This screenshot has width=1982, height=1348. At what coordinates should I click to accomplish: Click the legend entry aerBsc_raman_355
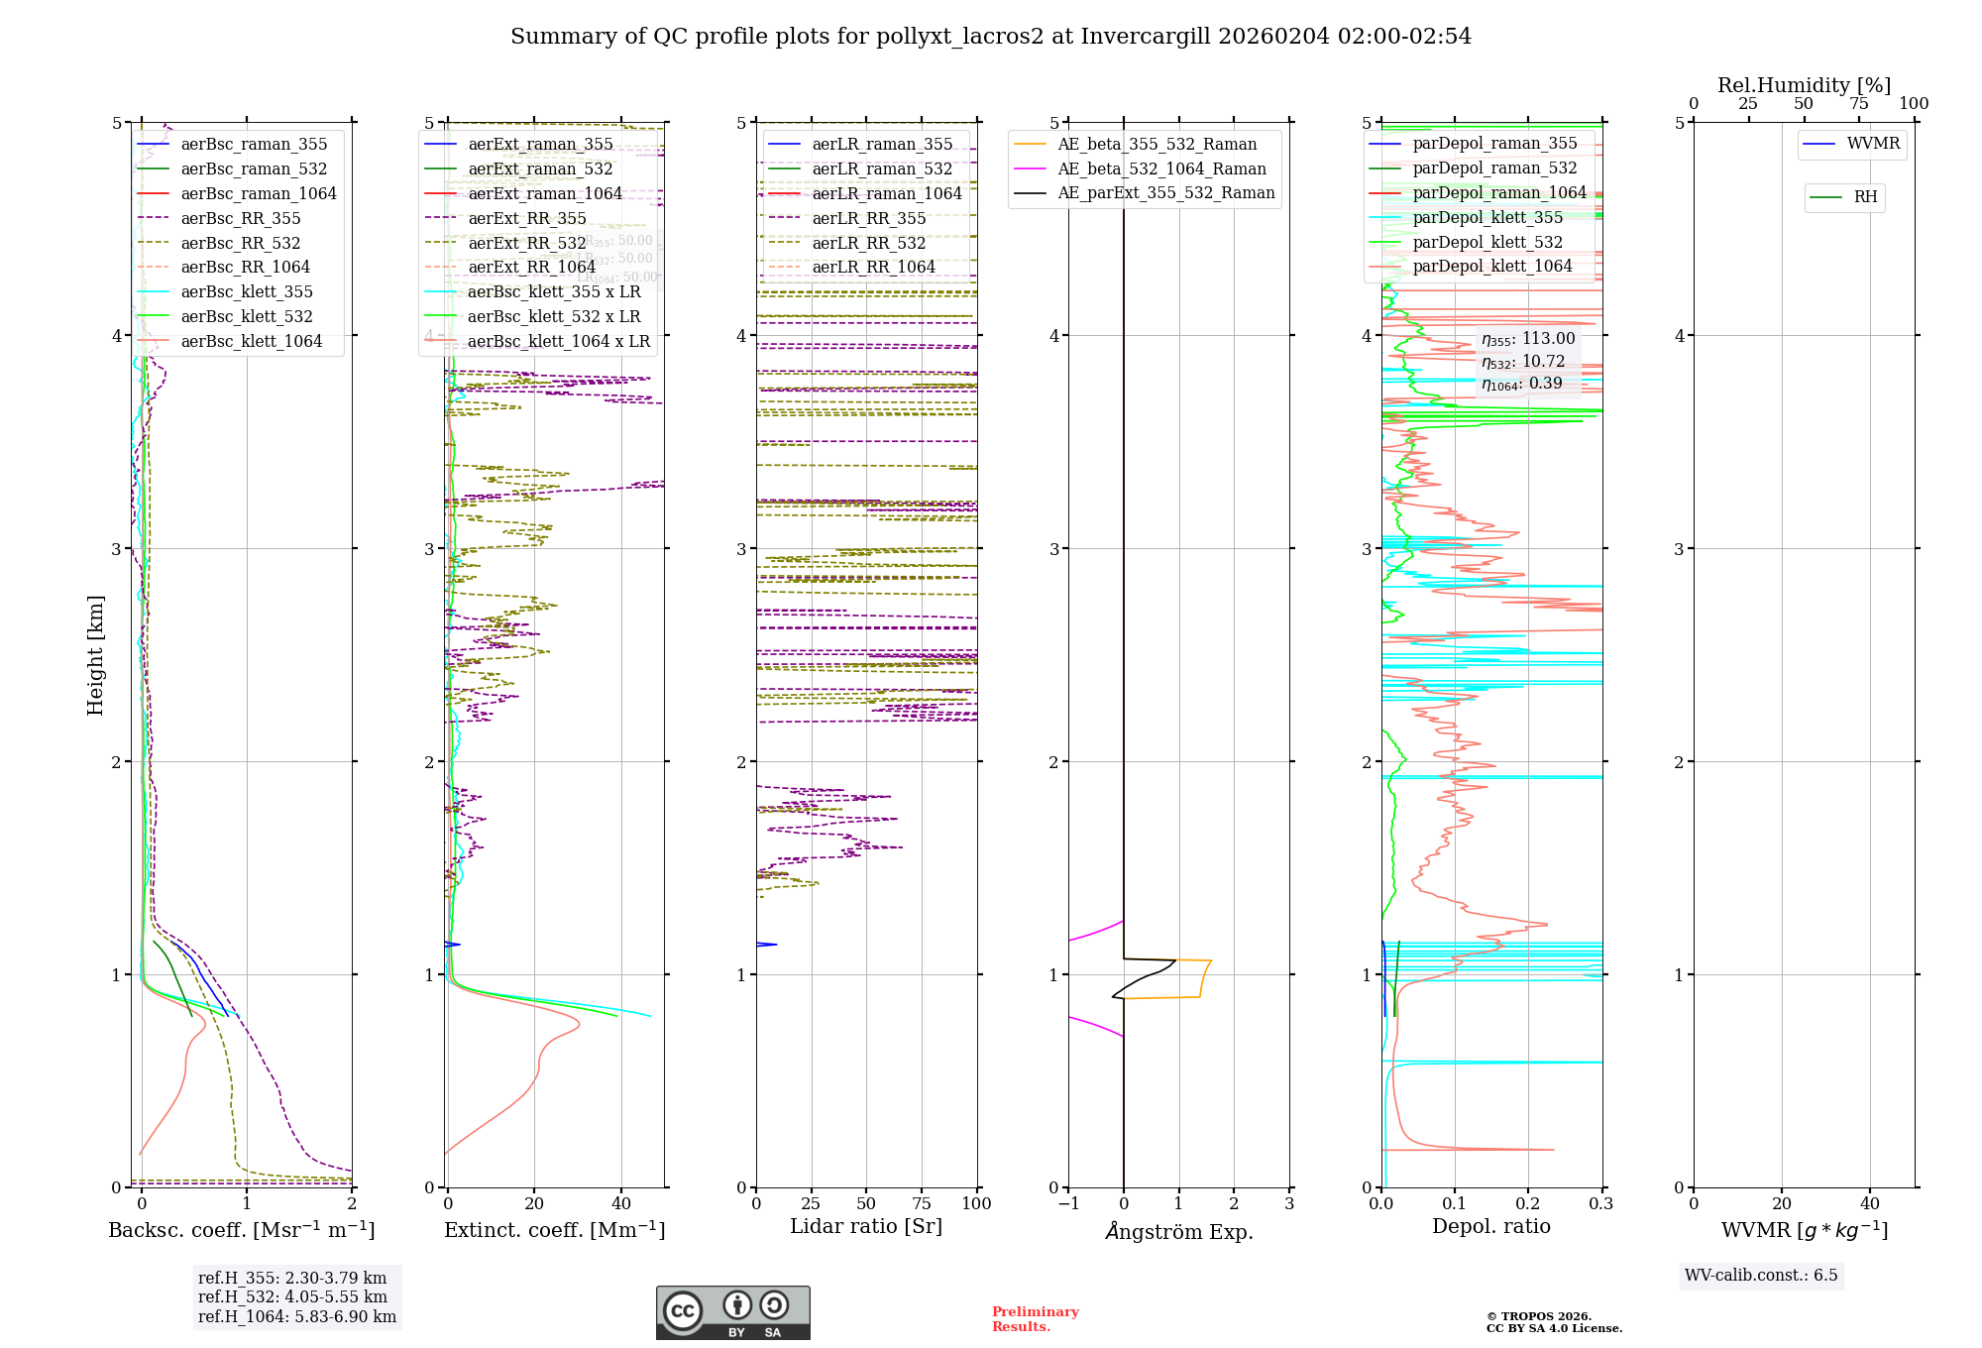254,145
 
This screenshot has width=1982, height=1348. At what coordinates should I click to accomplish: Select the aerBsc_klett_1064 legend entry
251,342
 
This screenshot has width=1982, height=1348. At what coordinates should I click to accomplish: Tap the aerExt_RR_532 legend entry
526,244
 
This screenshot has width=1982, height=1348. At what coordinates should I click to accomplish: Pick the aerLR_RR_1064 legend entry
873,268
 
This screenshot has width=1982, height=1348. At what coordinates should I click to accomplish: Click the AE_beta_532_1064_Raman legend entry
1161,169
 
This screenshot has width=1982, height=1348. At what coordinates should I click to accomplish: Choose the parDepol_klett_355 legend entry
1486,218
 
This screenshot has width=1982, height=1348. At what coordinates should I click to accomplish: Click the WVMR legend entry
1873,144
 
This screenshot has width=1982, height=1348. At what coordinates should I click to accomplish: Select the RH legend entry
1865,197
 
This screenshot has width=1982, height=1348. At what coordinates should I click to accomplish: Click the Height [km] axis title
96,655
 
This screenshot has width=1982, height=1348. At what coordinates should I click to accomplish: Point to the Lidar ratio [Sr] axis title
866,1227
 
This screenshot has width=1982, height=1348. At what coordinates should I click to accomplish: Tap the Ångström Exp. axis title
1179,1232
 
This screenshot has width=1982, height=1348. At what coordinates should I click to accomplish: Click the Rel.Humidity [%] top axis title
1804,85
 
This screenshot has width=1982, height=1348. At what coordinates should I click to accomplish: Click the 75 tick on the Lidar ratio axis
922,1204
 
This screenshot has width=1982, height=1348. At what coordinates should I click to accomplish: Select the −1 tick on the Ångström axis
1068,1204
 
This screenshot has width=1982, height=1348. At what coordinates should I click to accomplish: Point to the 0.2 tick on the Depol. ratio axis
1528,1204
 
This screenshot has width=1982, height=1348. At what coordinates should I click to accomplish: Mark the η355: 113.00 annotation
1527,339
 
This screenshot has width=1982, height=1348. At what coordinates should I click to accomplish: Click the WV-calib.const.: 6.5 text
1761,1276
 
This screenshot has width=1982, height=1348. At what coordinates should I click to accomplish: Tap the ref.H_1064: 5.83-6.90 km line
296,1317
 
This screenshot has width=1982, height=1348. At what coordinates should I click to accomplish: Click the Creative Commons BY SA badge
732,1313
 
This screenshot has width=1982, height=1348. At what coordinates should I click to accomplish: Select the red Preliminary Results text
1035,1319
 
